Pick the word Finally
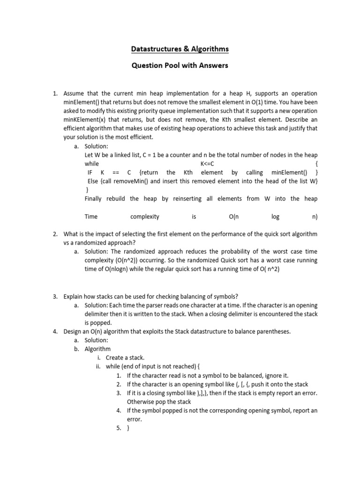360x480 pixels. (95, 199)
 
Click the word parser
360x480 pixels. (168, 305)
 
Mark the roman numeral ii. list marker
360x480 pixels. (99, 367)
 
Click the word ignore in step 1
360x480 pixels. (266, 375)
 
